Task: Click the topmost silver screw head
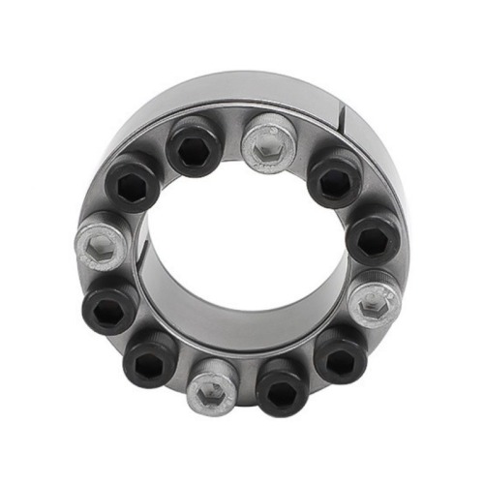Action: click(x=268, y=142)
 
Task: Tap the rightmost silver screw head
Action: click(x=374, y=304)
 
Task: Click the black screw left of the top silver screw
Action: click(x=196, y=145)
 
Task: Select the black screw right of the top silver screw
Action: click(x=335, y=177)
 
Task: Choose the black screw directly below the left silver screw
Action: click(x=113, y=307)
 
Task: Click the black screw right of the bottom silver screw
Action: click(x=282, y=384)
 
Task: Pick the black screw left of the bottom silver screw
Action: click(x=151, y=359)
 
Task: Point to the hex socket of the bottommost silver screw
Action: click(x=212, y=388)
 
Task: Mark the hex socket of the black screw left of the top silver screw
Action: click(x=196, y=147)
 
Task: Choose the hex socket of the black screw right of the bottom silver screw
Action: click(x=282, y=386)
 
